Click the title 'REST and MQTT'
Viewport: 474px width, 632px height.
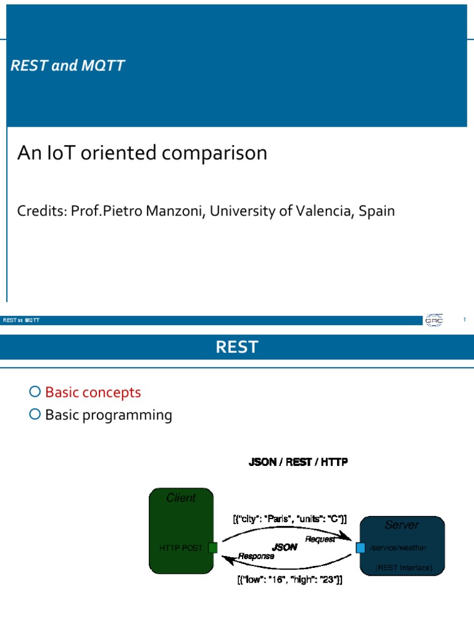(68, 66)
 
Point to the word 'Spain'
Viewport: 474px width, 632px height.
(375, 211)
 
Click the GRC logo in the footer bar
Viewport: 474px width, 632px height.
(433, 320)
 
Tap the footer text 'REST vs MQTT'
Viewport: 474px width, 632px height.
(21, 320)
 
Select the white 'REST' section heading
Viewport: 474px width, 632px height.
(237, 347)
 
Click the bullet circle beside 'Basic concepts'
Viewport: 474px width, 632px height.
(35, 392)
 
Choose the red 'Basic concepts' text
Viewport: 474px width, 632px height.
(93, 393)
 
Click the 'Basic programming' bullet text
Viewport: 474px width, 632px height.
(109, 415)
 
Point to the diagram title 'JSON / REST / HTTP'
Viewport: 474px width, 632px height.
(298, 462)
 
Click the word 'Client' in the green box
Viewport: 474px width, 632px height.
(181, 498)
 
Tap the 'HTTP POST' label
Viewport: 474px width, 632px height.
(181, 547)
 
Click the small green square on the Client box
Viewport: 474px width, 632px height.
(213, 547)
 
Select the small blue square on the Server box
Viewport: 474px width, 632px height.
(361, 547)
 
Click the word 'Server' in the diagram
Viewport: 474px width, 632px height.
(401, 525)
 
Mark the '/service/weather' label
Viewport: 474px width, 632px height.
(398, 547)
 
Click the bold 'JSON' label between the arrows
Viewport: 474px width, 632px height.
(284, 547)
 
